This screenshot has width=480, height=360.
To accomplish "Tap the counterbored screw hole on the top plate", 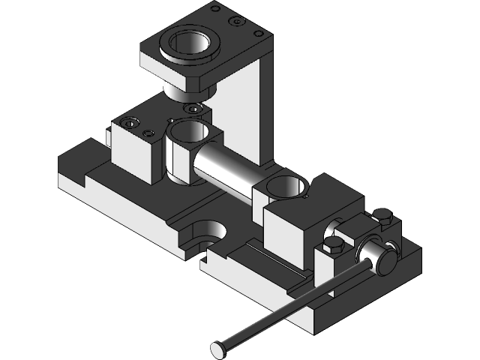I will (x=238, y=22).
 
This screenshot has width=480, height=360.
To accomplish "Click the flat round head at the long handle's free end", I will (x=218, y=348).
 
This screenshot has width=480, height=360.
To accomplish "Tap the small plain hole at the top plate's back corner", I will (x=216, y=9).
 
